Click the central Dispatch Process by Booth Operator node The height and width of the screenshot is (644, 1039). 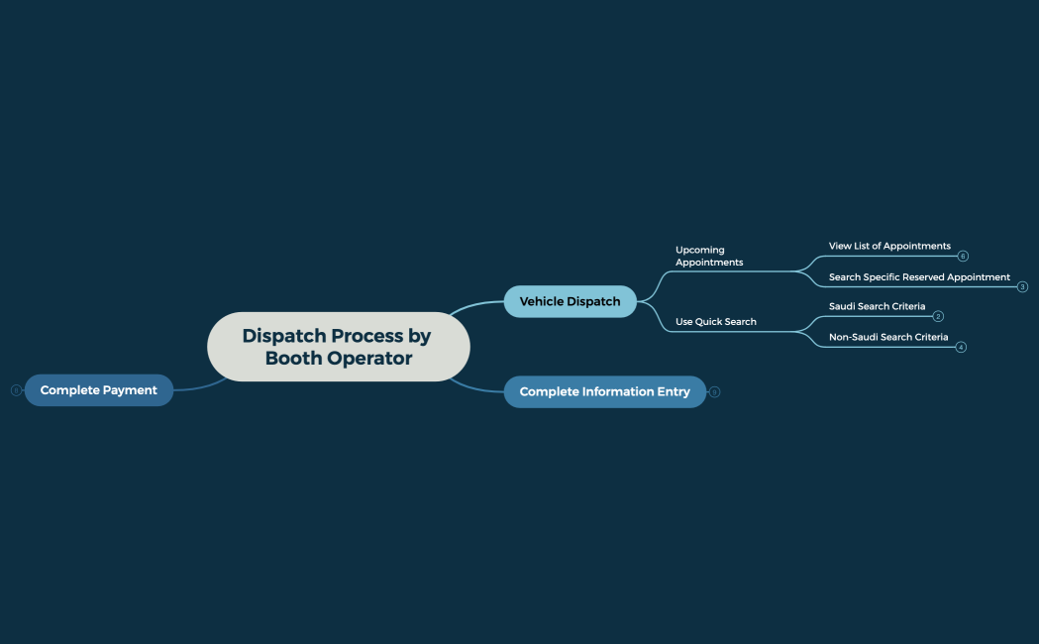(338, 347)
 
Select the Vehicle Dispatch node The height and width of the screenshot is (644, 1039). (570, 301)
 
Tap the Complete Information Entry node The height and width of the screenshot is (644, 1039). (604, 391)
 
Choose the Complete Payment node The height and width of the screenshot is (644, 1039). (98, 390)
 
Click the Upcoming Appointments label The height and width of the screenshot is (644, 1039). (709, 256)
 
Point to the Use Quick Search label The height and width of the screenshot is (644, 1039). (715, 322)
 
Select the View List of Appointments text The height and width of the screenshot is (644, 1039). (888, 246)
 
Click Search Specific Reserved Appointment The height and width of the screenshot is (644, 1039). (918, 277)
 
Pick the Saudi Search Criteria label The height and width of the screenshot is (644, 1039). (877, 307)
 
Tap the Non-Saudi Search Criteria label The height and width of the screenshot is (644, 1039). (887, 338)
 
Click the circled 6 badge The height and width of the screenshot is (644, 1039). (963, 257)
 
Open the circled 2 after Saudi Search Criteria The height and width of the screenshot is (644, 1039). (938, 317)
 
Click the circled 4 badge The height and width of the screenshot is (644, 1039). (961, 348)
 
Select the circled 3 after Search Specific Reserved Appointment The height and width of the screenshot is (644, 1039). (1022, 287)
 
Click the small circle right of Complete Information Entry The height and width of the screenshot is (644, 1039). (715, 392)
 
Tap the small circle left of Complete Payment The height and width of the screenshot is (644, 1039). (16, 390)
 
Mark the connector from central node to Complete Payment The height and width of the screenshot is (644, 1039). (203, 386)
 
